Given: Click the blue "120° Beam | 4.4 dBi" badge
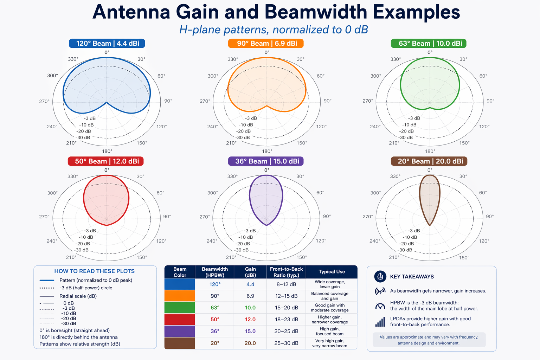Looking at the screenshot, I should pos(107,43).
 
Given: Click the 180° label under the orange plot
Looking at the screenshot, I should pos(267,151).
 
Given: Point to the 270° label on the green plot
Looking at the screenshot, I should pos(367,101).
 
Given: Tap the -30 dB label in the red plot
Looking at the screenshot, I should pos(81,250).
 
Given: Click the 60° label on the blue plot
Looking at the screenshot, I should pos(161,76).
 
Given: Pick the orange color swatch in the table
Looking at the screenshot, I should pos(179,296).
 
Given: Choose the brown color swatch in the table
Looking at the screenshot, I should pos(179,343).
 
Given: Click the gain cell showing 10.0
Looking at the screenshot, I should pos(250,308).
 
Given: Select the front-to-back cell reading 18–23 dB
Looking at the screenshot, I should pos(286,319).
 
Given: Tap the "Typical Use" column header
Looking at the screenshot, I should pos(332,272).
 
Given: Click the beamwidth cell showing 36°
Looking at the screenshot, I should pos(215,331).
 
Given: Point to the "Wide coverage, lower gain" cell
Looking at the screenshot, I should pos(329,284).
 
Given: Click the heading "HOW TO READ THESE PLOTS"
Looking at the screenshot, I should pos(94,271).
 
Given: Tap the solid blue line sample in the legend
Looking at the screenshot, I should pos(47,280).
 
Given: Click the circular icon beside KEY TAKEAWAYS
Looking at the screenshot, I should pos(380,277).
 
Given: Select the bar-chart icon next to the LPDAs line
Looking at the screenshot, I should pos(380,322).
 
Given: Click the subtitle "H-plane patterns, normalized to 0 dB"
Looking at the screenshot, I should pos(274,30).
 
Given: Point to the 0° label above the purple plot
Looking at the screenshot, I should pos(267,170).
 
